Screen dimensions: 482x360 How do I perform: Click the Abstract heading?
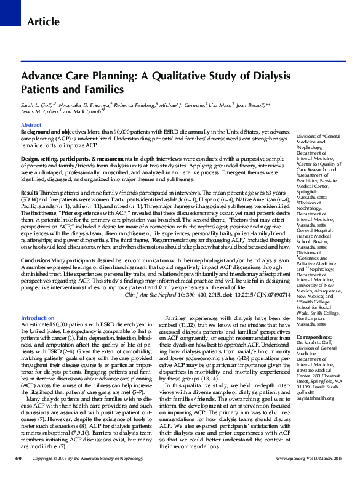click(x=31, y=125)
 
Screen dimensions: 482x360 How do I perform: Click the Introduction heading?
click(x=38, y=318)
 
